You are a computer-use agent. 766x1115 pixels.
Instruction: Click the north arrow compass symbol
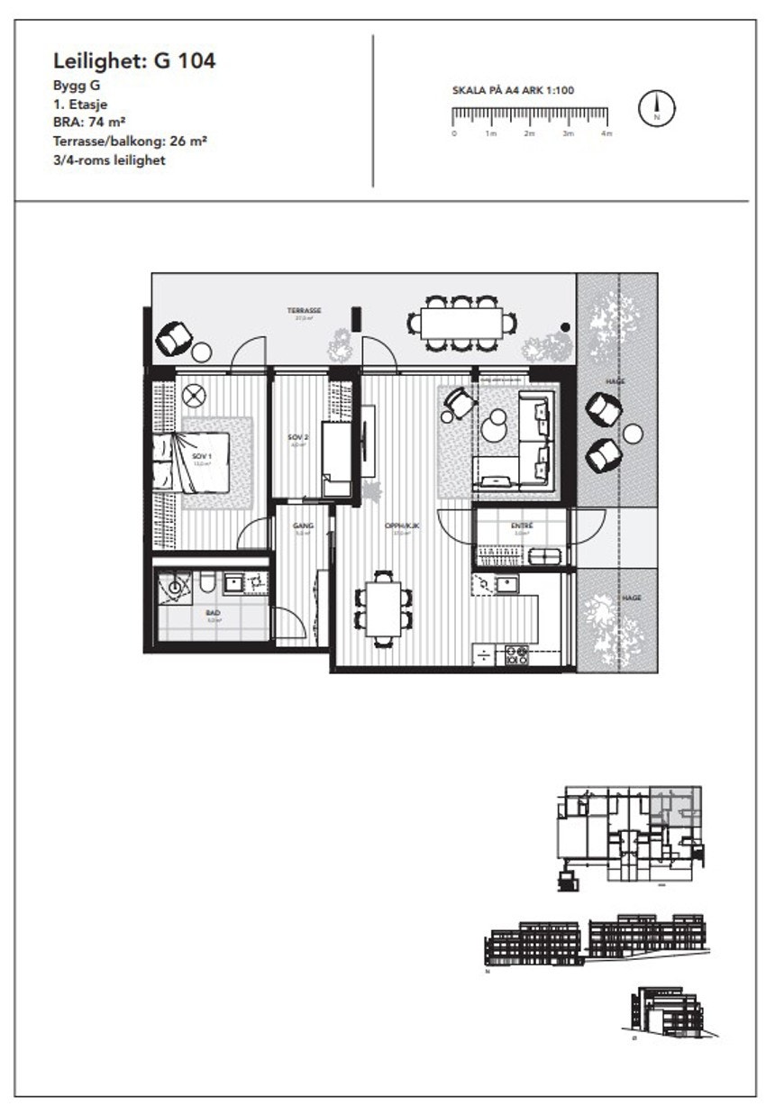(x=657, y=108)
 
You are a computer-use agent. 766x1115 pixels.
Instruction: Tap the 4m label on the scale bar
(x=606, y=133)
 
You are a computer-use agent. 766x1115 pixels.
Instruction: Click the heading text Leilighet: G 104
(x=134, y=61)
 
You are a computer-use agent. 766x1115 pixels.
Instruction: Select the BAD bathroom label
(x=214, y=614)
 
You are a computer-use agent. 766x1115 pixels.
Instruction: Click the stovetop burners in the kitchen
(x=517, y=654)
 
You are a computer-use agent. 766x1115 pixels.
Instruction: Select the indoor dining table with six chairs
(x=385, y=607)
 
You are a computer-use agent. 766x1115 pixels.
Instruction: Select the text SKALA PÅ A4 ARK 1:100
(x=513, y=90)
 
